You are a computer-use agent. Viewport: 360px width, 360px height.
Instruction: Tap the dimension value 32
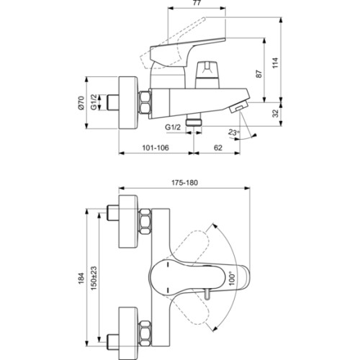pos(276,113)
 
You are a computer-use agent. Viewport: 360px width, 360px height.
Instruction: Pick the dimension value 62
pos(217,147)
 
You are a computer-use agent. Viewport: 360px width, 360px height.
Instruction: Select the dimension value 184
pos(81,275)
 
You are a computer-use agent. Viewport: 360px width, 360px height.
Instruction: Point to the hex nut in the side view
pos(143,103)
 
